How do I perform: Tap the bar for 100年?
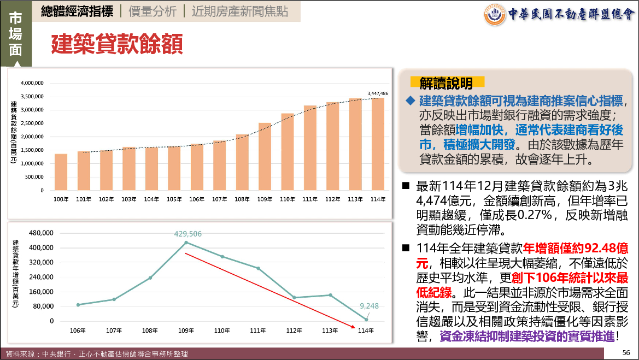point(61,172)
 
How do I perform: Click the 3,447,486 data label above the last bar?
point(378,93)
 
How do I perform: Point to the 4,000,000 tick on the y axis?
point(32,83)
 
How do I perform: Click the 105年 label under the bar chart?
point(174,199)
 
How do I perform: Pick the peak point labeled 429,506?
point(186,243)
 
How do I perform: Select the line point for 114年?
point(366,320)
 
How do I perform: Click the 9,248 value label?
point(369,306)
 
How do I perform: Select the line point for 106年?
point(78,305)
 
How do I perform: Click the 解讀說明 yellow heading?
point(446,83)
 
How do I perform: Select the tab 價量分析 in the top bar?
point(153,11)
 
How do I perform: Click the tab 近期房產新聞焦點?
point(240,11)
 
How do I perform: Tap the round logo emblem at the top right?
point(495,15)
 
